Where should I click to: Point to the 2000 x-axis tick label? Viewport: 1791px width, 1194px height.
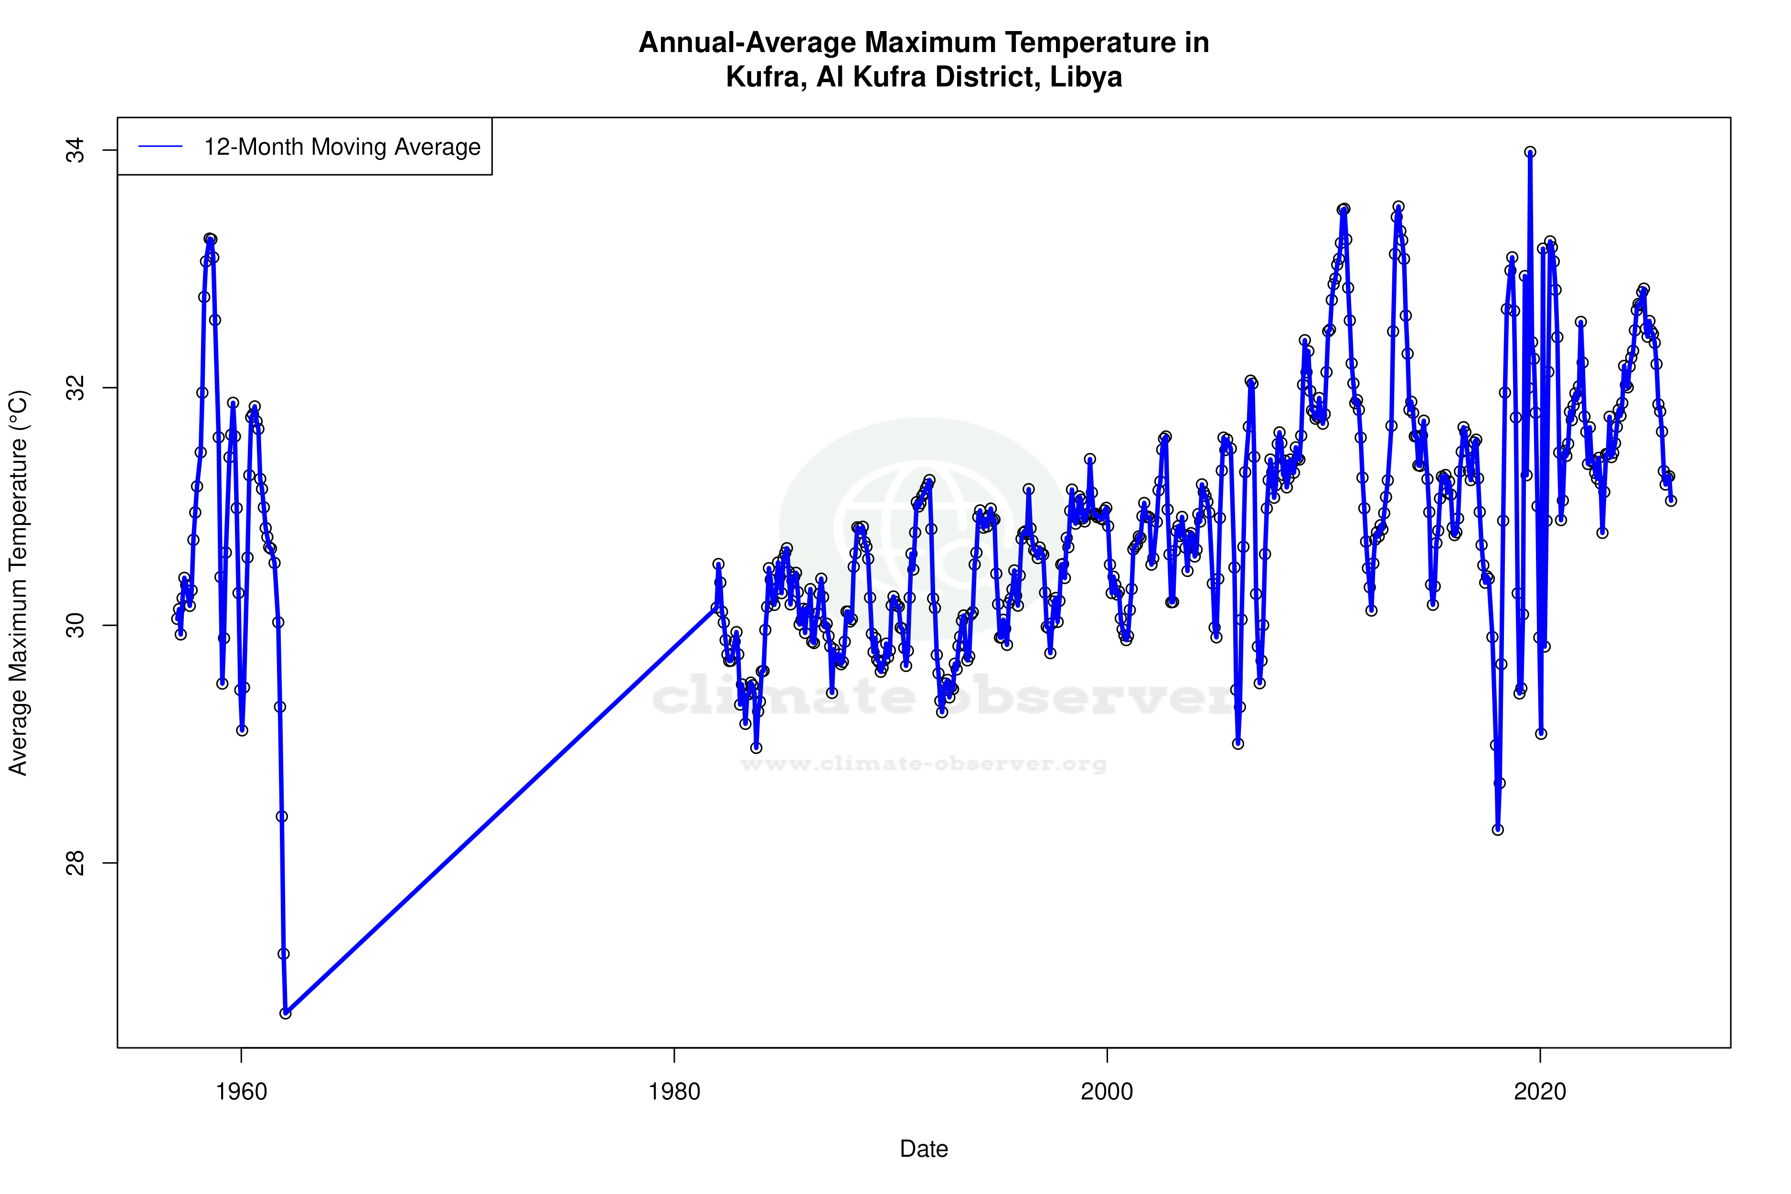(x=1107, y=1092)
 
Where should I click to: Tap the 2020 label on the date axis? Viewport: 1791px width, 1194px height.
(x=1540, y=1092)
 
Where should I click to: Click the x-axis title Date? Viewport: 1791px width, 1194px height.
(x=924, y=1149)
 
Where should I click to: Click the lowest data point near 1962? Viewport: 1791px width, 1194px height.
(x=286, y=1013)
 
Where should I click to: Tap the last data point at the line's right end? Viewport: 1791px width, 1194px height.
(x=1671, y=501)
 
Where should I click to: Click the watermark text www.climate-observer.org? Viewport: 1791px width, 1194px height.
(x=924, y=764)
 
